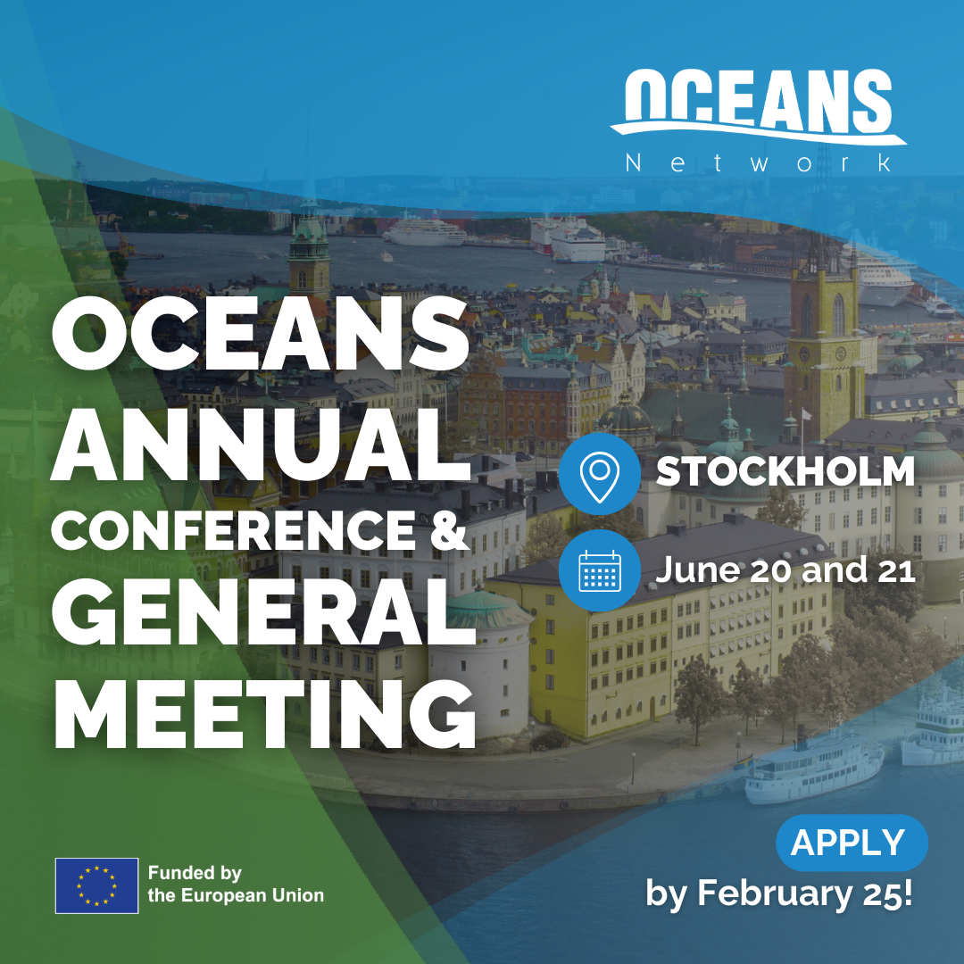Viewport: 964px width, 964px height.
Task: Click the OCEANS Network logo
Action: point(759,120)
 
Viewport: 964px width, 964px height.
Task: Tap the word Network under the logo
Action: point(759,163)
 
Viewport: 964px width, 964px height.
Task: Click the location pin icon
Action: point(600,474)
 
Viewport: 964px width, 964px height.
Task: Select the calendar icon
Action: point(600,570)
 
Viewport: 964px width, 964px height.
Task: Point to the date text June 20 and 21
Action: point(785,569)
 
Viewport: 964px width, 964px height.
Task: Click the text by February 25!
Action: point(779,893)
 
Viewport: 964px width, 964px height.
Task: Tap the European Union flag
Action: point(96,886)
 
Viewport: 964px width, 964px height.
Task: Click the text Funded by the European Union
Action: point(236,884)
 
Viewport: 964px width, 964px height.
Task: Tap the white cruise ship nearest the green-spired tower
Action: point(425,231)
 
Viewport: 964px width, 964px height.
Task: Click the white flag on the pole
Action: point(806,415)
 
